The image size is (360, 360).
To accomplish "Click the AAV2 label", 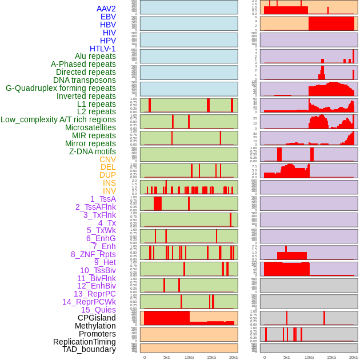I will [x=106, y=9].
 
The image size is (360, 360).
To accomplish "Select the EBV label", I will [x=108, y=17].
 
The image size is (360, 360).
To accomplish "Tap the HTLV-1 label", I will [x=102, y=49].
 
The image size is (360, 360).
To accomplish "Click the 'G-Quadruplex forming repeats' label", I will [x=61, y=88].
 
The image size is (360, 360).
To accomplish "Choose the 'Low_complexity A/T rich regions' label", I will [x=58, y=119].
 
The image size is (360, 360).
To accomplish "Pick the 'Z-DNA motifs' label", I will [x=93, y=151].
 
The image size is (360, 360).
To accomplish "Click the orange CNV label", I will [x=107, y=159].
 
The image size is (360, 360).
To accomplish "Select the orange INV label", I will [x=109, y=191].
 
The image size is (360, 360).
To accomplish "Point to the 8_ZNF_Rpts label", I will [x=93, y=254].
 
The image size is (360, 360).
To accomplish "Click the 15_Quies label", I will [x=98, y=310].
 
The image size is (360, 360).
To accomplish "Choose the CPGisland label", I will [x=97, y=318].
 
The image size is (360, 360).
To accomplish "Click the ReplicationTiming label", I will [x=84, y=342].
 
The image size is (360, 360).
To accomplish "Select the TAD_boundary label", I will [x=89, y=349].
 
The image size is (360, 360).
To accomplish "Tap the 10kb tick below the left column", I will [x=189, y=357].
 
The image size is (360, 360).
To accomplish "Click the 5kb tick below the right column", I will [x=287, y=357].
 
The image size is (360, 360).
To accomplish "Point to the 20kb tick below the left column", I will [x=233, y=357].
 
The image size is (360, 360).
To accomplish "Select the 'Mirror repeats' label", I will [x=90, y=143].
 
